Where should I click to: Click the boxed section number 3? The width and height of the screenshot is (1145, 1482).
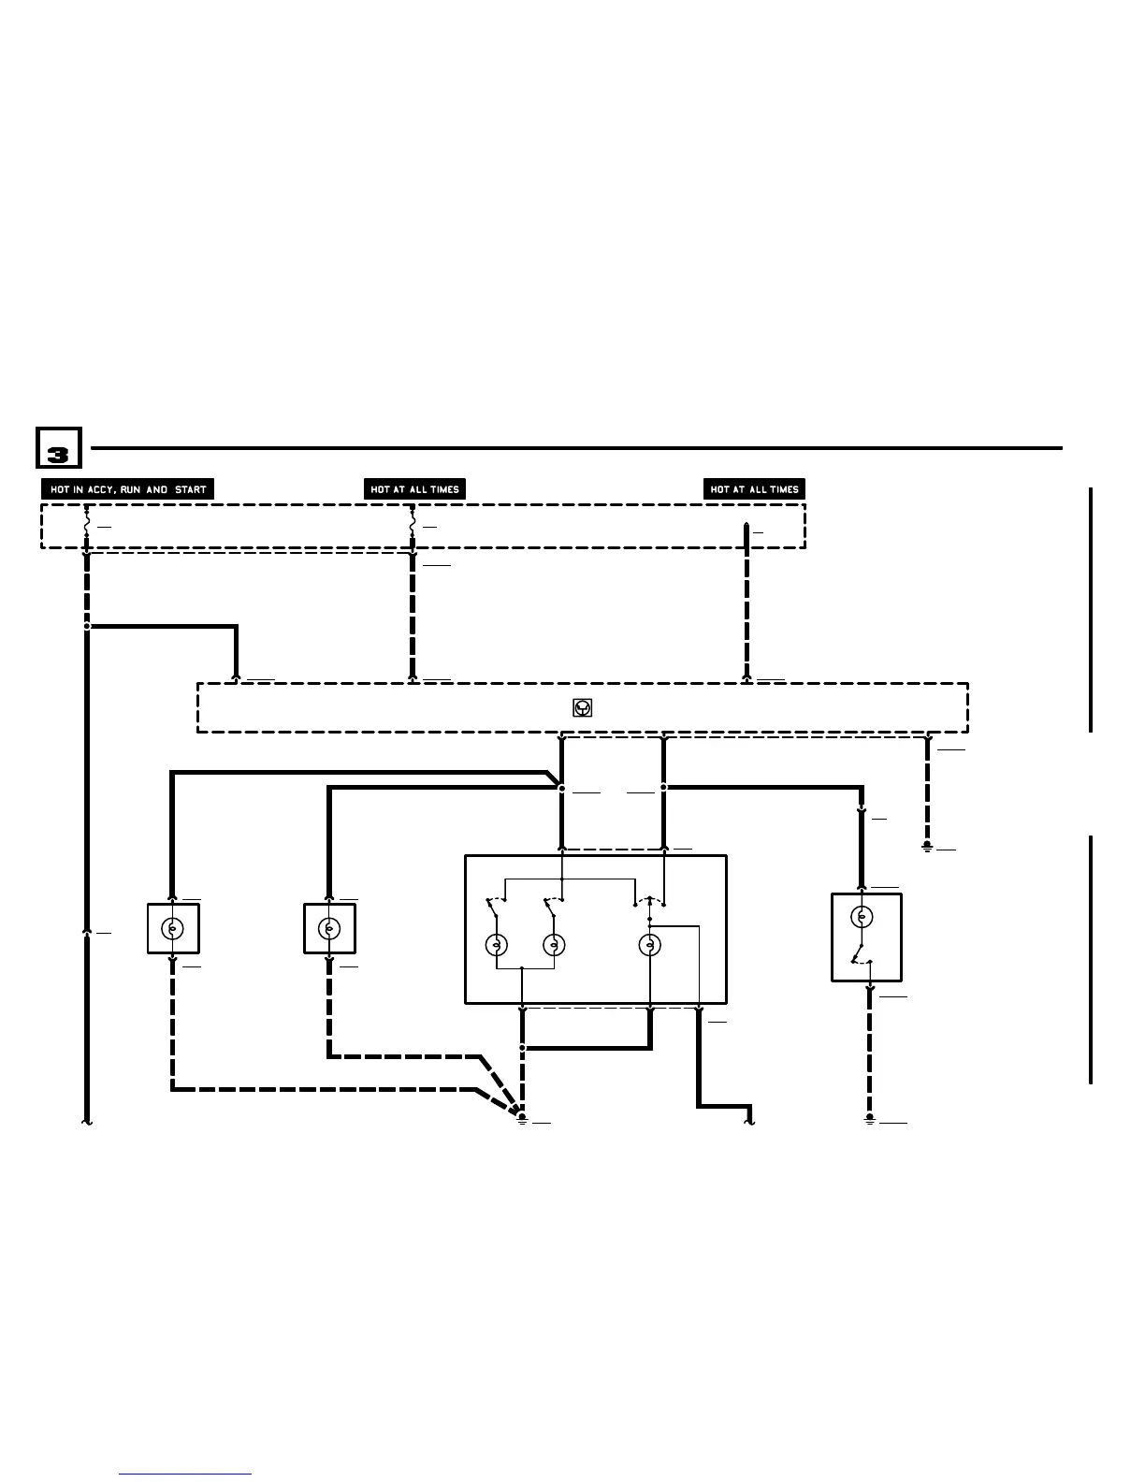point(59,448)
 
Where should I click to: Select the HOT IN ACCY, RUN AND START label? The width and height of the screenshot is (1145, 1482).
point(128,489)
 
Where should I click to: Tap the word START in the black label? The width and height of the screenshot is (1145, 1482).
point(190,489)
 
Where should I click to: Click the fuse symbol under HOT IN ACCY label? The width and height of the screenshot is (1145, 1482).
point(87,527)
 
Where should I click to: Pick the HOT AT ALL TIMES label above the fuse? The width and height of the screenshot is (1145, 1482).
point(414,489)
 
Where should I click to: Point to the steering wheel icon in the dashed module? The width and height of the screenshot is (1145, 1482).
point(582,708)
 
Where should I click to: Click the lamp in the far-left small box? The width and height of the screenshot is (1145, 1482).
point(173,928)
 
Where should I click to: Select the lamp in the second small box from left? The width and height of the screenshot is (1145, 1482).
point(329,928)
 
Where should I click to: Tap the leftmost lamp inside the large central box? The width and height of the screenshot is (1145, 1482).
point(496,945)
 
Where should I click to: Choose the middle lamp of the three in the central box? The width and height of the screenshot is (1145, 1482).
point(554,945)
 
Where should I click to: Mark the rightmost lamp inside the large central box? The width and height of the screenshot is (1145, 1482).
point(649,945)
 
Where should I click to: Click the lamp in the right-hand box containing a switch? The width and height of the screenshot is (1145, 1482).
point(862,916)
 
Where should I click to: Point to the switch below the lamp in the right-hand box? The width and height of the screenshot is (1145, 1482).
point(860,957)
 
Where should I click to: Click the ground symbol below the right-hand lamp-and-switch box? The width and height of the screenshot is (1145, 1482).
point(870,1118)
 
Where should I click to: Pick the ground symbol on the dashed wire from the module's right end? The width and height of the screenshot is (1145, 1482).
point(927,847)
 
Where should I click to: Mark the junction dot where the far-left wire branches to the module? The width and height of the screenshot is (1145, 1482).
point(87,626)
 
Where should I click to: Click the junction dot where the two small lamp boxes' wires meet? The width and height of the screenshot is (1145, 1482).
point(561,789)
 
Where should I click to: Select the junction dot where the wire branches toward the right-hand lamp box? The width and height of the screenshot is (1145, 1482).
point(663,788)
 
